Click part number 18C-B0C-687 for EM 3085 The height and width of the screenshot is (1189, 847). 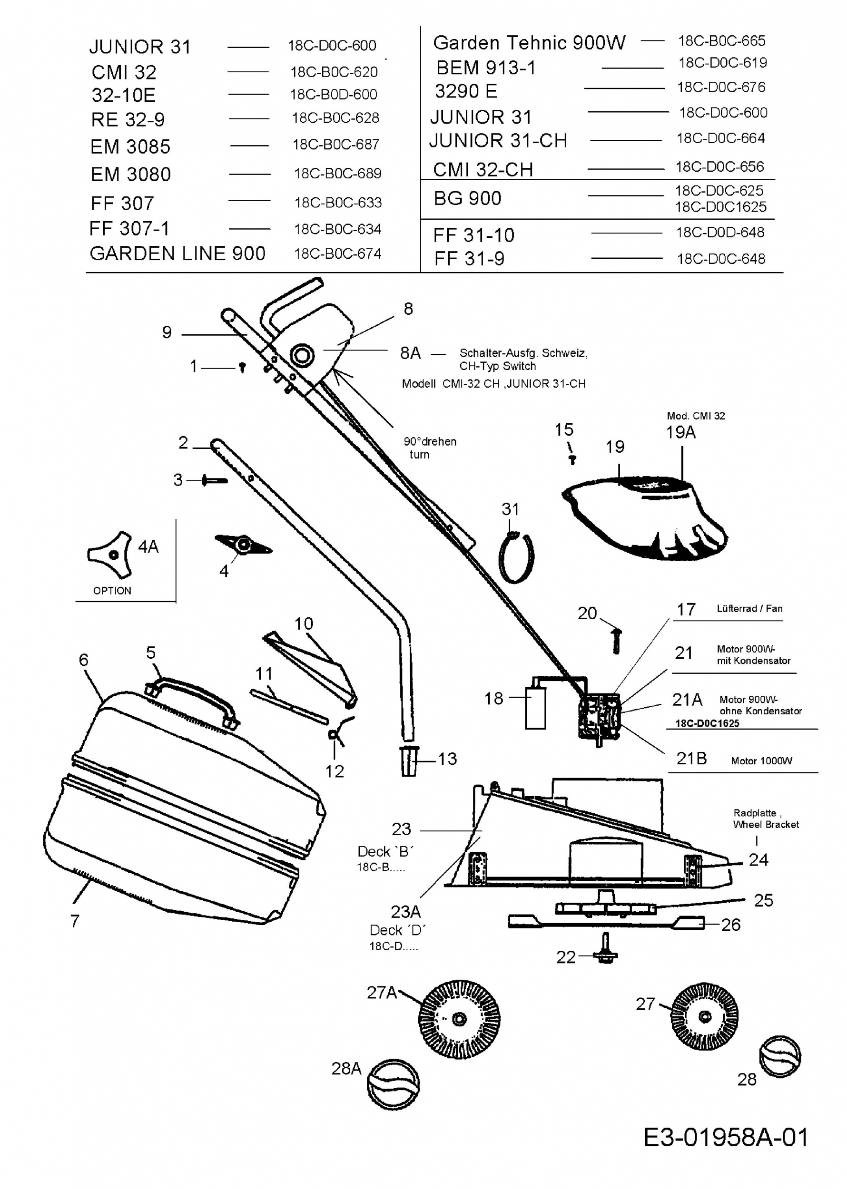(336, 145)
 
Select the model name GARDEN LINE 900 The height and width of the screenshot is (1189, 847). (178, 253)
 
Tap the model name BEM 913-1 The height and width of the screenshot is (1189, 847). (486, 68)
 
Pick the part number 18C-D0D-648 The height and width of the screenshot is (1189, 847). (720, 232)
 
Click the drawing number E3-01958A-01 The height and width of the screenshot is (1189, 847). (726, 1137)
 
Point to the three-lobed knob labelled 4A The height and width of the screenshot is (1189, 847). (110, 555)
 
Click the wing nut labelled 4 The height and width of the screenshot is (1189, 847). (243, 545)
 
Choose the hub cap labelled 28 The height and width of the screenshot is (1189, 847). (780, 1057)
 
